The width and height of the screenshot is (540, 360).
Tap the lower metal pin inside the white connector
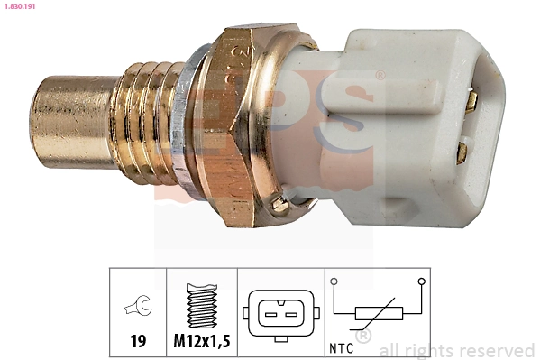(x=462, y=149)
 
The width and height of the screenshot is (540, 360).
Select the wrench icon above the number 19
(x=138, y=308)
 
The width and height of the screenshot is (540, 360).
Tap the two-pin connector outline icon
(x=279, y=313)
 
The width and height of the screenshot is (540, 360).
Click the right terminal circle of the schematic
(x=423, y=282)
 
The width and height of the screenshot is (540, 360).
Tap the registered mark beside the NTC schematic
(x=364, y=337)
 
